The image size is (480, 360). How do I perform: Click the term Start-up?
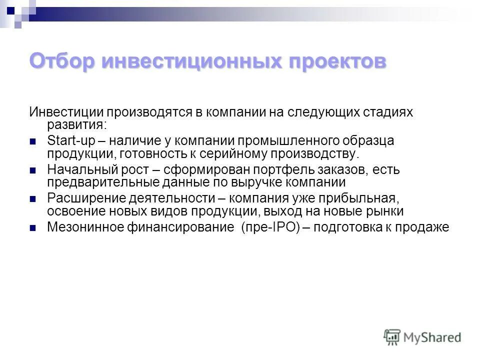coord(67,141)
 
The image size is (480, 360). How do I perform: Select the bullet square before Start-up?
coord(33,141)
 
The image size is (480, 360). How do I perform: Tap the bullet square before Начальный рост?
coord(33,170)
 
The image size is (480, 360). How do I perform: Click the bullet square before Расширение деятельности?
coord(33,199)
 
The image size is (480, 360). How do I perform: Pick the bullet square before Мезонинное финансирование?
coord(33,228)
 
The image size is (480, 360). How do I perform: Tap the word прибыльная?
coord(372,198)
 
